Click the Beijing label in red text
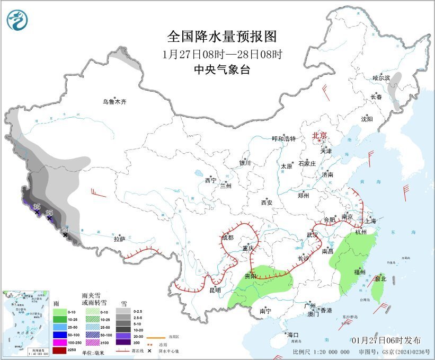[320, 135]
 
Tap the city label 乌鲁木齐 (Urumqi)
[115, 102]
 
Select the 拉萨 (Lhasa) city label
[119, 239]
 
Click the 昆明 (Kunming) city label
[215, 291]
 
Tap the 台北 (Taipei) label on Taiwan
[380, 278]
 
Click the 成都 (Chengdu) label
[228, 238]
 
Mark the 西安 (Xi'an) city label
[267, 203]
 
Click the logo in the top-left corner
[17, 20]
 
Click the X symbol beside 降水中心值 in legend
[150, 351]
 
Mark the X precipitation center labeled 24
[66, 234]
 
